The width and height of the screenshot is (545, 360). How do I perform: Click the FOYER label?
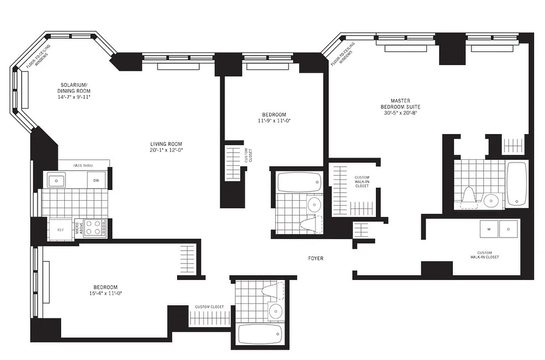point(315,259)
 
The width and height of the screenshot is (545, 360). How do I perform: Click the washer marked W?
point(488,229)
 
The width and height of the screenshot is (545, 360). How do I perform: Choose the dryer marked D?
point(509,229)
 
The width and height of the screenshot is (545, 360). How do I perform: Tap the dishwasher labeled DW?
point(96,180)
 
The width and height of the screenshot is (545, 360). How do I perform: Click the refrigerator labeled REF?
point(60,229)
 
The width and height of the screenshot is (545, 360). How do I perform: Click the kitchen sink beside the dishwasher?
point(57,180)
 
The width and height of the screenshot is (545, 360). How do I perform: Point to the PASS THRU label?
point(83,166)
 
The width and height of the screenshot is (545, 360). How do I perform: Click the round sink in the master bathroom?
point(491,199)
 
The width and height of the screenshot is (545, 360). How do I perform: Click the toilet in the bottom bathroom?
point(273,290)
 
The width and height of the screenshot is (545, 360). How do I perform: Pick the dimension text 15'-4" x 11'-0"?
point(105,293)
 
